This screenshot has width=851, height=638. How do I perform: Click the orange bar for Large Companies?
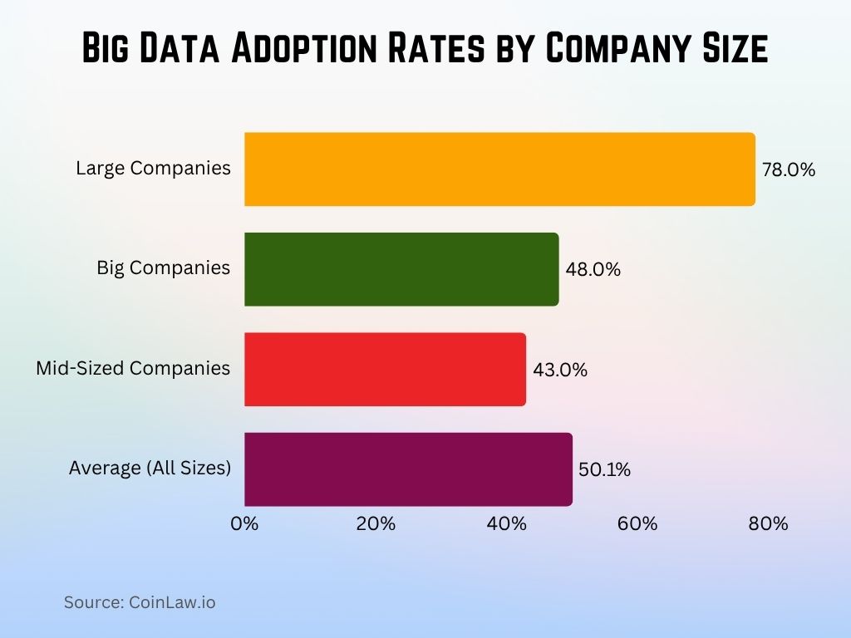click(x=499, y=169)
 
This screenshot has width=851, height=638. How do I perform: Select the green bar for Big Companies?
click(x=401, y=269)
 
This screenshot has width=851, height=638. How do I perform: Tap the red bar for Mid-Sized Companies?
click(x=385, y=369)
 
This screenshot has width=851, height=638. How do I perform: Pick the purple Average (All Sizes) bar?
click(x=408, y=469)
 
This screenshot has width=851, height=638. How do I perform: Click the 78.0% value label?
click(x=789, y=170)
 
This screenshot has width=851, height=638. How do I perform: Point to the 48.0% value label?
click(x=593, y=270)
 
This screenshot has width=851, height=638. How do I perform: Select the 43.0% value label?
click(x=560, y=370)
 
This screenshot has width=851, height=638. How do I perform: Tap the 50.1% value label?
click(x=604, y=469)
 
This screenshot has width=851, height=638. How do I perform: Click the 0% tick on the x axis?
click(x=244, y=524)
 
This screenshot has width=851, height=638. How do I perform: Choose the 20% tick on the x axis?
click(x=376, y=524)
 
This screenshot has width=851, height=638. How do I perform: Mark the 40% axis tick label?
click(x=507, y=524)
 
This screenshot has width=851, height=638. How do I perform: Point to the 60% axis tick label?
click(x=637, y=524)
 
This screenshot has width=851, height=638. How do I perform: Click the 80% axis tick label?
click(x=768, y=524)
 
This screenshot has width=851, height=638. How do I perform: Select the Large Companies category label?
click(x=153, y=169)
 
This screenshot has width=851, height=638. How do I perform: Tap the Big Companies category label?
click(x=164, y=268)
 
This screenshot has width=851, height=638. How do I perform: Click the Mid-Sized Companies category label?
click(x=133, y=368)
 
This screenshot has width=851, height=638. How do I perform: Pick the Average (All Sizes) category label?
click(x=150, y=469)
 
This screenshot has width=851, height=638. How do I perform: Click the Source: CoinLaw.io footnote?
click(x=140, y=602)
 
